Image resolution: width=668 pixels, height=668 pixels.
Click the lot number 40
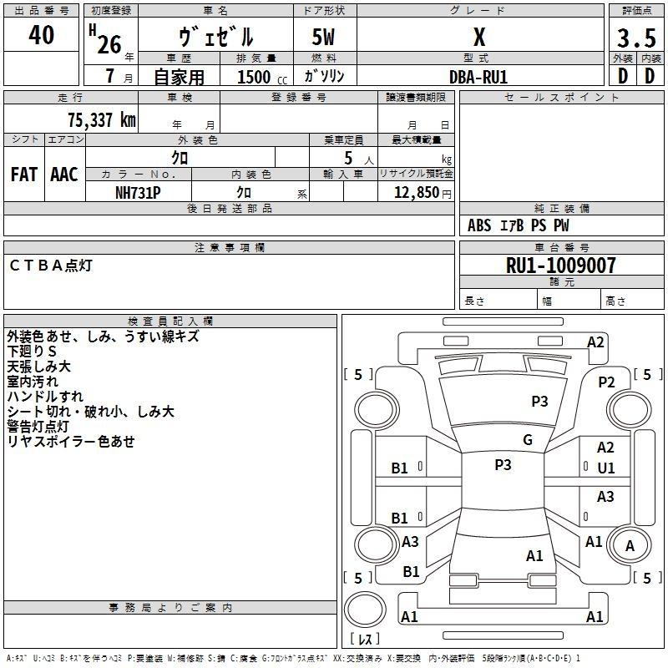(41, 35)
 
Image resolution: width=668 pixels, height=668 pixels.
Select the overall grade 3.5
(636, 38)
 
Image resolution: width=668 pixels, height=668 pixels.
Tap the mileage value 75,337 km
(102, 120)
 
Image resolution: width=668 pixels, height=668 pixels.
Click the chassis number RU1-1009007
(561, 265)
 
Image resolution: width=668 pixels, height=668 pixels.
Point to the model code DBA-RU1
(478, 77)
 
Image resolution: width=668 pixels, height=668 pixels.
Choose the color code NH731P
(138, 193)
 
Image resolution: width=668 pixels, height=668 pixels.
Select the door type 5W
(323, 37)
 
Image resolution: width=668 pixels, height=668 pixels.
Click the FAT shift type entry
(24, 175)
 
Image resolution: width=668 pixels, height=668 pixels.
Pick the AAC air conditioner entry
(64, 175)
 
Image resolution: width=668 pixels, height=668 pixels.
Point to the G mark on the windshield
(528, 440)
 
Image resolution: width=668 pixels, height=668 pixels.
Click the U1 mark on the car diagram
(606, 468)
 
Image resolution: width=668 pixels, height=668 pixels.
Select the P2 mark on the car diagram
(606, 382)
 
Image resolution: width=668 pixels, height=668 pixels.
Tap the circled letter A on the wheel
(630, 545)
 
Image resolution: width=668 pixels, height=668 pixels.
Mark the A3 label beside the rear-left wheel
(410, 541)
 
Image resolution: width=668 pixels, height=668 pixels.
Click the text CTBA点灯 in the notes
(51, 266)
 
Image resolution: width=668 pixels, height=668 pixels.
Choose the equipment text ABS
(479, 225)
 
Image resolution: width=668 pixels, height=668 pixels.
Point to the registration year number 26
(109, 44)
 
